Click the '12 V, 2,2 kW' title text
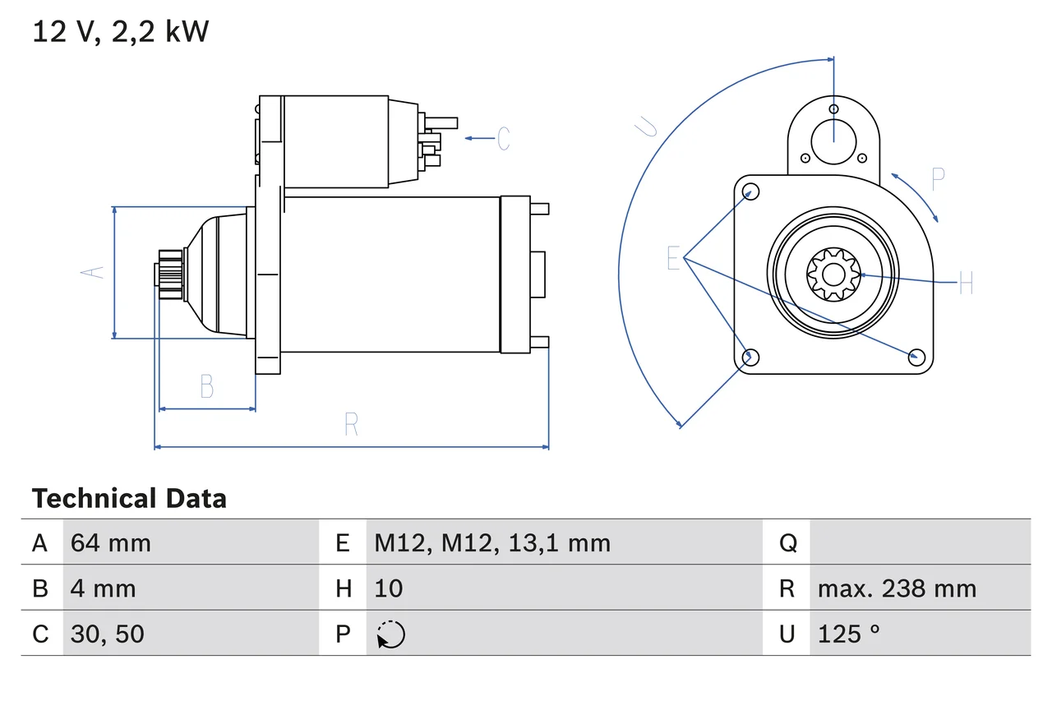pos(121,32)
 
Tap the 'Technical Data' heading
pos(129,499)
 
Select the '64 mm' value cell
pos(111,542)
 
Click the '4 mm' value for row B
pos(104,588)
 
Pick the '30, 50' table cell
pos(108,634)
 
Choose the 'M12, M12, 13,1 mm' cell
pos(492,542)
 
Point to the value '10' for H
pos(389,588)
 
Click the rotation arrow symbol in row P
pos(391,634)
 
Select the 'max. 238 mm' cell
pos(897,588)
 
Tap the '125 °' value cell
pos(848,634)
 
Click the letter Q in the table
pos(787,542)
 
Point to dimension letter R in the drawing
pos(351,424)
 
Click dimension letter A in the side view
pos(96,272)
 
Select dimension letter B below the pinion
pos(207,386)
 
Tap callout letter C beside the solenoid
pos(504,138)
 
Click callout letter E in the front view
pos(674,259)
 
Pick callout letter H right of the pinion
pos(966,284)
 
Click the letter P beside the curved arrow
pos(938,179)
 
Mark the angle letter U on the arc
pos(648,126)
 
